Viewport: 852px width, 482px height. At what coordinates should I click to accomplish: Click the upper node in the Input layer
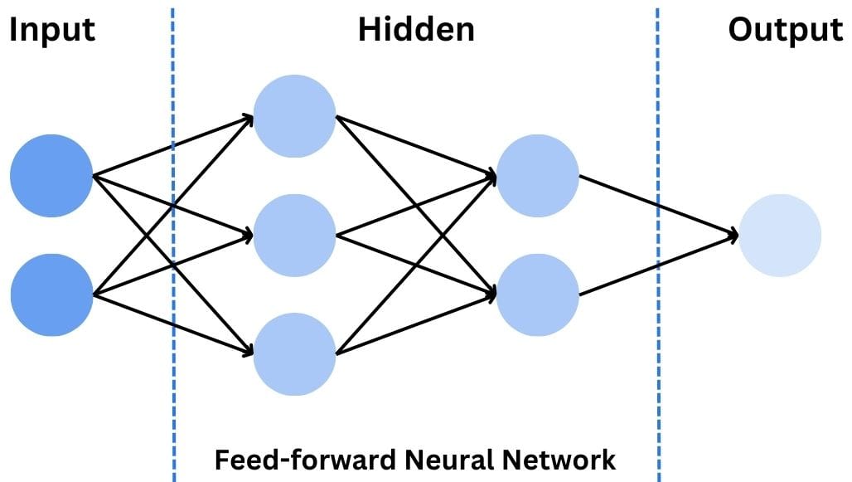coord(51,176)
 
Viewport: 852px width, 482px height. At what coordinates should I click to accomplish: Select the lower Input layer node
coord(51,295)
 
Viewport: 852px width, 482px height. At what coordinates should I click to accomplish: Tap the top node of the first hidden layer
coord(294,116)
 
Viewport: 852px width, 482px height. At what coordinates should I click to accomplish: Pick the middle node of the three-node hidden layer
coord(294,235)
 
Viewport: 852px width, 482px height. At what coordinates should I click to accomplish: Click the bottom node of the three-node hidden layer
coord(294,353)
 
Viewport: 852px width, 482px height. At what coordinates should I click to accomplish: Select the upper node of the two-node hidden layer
coord(537,176)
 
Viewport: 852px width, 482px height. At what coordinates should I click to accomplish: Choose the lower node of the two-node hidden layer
coord(537,295)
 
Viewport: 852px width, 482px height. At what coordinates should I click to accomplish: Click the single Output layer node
coord(779,235)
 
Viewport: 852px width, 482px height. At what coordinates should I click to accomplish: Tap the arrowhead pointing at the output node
coord(732,236)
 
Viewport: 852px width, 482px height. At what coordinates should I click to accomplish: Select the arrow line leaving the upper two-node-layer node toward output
coord(630,194)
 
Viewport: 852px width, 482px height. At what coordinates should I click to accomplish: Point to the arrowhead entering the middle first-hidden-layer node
coord(247,236)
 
